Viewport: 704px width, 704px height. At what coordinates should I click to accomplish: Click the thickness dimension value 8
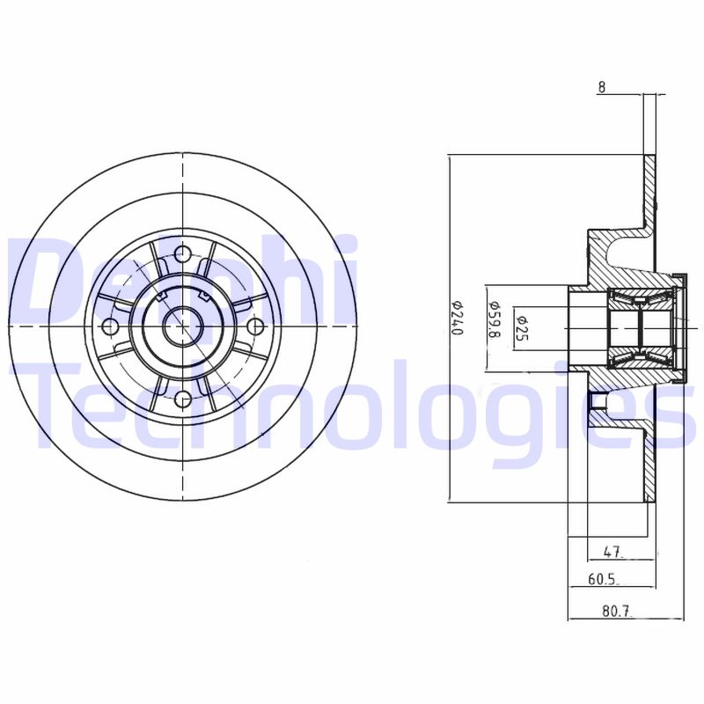602,87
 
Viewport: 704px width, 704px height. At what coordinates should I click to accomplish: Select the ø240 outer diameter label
457,319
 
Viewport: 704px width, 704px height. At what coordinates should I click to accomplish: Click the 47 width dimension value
613,553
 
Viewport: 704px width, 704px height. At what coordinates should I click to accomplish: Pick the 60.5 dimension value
603,580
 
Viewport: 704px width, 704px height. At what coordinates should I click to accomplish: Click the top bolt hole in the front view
183,255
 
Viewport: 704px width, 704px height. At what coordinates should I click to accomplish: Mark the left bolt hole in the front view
111,327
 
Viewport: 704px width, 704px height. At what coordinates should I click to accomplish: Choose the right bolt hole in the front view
255,327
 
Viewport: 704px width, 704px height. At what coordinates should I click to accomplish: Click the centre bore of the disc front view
183,327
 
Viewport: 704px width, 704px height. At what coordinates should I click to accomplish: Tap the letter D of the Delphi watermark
40,277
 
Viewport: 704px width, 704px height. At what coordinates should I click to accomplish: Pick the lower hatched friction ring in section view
649,466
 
